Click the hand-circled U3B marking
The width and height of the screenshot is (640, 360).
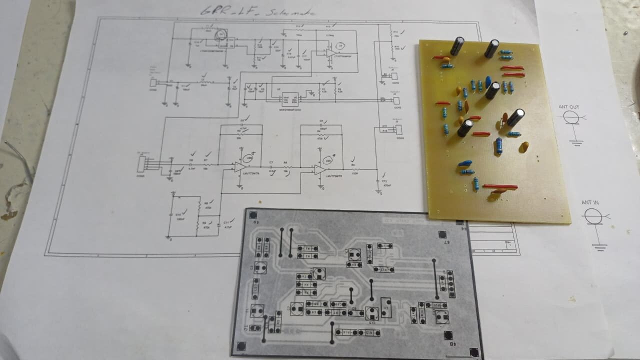pyautogui.click(x=250, y=157)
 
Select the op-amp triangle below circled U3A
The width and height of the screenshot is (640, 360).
pyautogui.click(x=320, y=170)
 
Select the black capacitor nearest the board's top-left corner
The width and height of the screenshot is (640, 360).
pyautogui.click(x=457, y=46)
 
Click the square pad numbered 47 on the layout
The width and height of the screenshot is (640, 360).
pyautogui.click(x=442, y=235)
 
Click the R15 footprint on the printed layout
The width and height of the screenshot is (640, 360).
pyautogui.click(x=370, y=332)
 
